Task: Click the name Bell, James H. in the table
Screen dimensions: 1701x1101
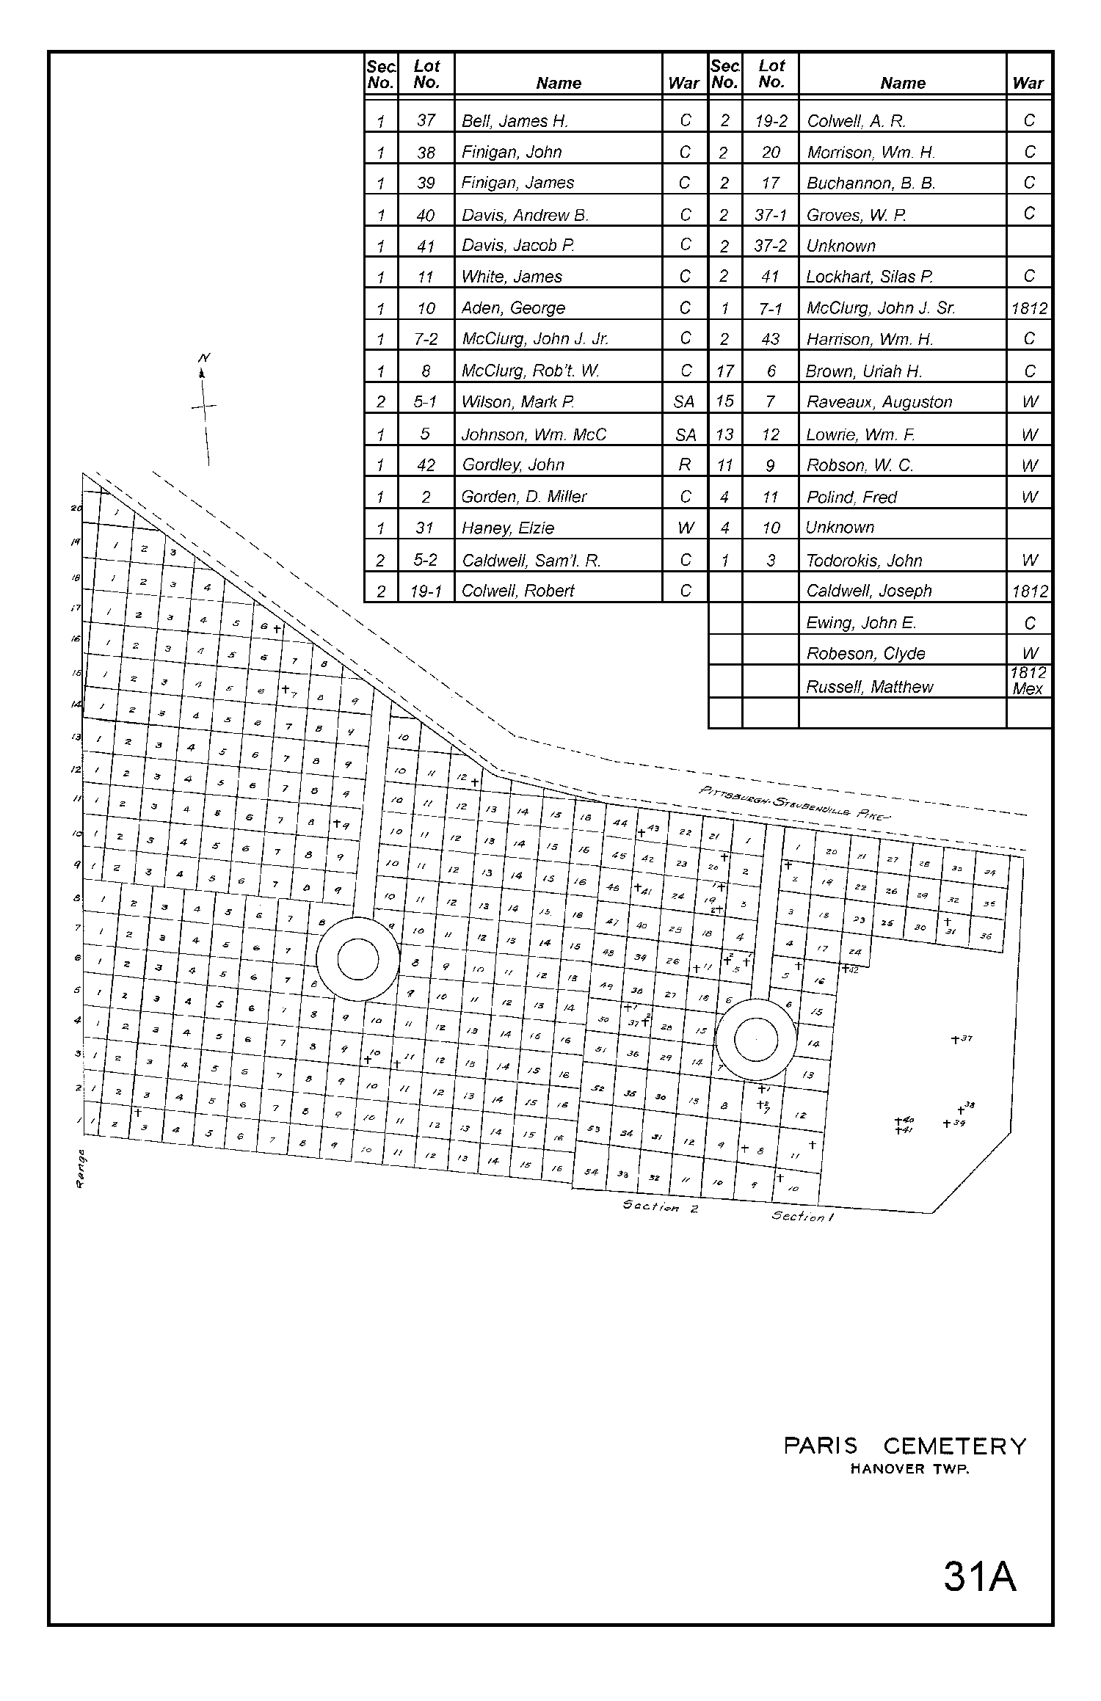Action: [x=515, y=121]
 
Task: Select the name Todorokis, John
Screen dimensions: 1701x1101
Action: [x=864, y=561]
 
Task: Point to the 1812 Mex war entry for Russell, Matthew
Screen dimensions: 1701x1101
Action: [x=1028, y=680]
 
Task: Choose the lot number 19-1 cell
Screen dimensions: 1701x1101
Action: [x=426, y=591]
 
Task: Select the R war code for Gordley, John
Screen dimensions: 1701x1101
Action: [x=685, y=465]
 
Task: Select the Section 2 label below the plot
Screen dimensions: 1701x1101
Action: [x=660, y=1206]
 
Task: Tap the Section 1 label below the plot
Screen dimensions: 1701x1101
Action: [x=802, y=1216]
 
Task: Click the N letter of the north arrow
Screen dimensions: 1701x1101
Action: [x=204, y=358]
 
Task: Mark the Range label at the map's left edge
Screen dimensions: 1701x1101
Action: [x=81, y=1170]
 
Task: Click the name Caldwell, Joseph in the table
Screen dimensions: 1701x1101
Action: [x=868, y=591]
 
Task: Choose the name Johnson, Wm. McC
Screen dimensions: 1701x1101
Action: [x=534, y=434]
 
